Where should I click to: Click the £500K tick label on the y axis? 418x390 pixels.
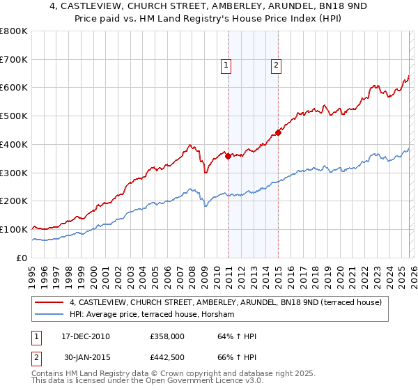[14, 116]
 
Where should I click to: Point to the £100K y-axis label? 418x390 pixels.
[14, 229]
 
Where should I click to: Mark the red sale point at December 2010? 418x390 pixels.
[229, 156]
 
